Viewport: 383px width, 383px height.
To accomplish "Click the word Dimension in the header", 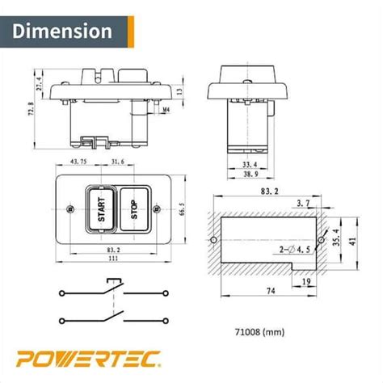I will click(x=62, y=32).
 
